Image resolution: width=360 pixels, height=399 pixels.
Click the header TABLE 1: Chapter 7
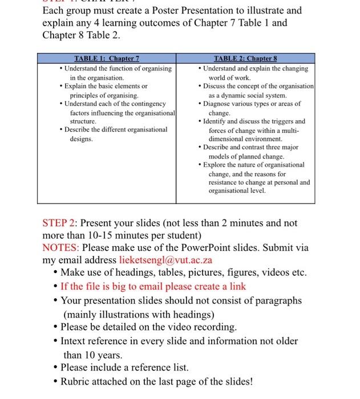(107, 58)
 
